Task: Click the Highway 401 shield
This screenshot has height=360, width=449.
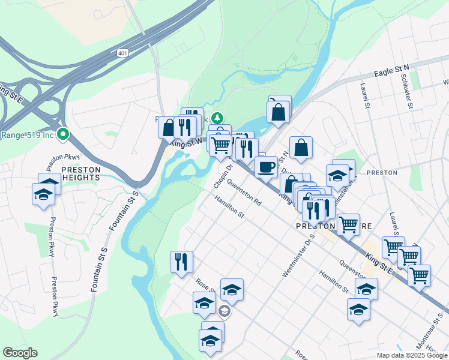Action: click(122, 53)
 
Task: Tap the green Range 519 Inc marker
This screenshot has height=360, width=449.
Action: click(62, 134)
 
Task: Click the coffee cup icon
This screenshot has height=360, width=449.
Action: click(265, 167)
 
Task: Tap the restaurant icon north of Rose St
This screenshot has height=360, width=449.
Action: click(181, 262)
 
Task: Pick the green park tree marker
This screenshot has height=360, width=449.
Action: click(218, 118)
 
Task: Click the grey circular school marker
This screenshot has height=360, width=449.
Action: click(224, 311)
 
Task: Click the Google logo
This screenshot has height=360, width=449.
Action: click(20, 353)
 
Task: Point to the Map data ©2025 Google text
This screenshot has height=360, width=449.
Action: click(411, 355)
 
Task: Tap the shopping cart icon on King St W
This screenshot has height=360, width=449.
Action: click(221, 144)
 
